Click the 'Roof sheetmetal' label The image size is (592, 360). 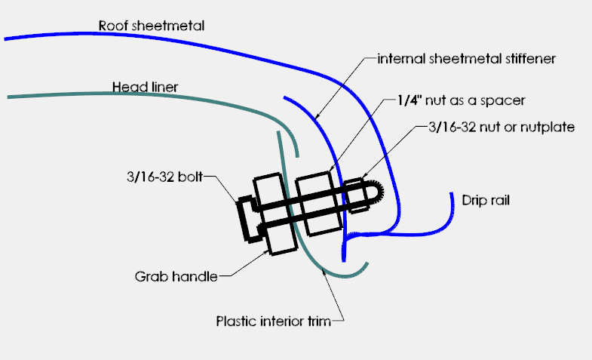point(152,26)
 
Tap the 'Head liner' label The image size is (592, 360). point(145,87)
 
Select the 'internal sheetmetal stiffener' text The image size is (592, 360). point(467,59)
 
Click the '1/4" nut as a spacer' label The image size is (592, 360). point(461,100)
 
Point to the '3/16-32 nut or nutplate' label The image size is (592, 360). point(502,127)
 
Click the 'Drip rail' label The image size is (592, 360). point(486,200)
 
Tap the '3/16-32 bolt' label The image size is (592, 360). point(165,177)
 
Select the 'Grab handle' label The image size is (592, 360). point(176,276)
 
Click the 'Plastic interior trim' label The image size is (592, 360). point(274,321)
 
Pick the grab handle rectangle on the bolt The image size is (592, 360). point(275,214)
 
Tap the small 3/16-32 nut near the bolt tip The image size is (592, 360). point(356,195)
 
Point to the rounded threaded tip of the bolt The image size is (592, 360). point(376,194)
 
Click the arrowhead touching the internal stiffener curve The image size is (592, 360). point(317,115)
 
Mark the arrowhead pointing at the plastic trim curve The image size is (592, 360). point(324,272)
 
